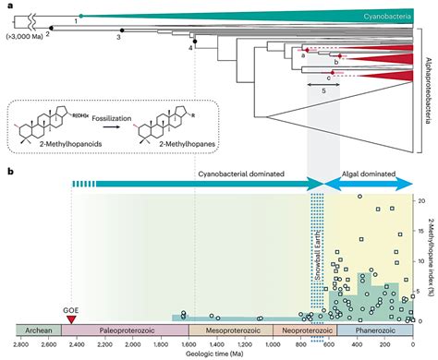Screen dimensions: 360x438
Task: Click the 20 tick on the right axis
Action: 421,200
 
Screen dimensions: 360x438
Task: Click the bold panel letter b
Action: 9,173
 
